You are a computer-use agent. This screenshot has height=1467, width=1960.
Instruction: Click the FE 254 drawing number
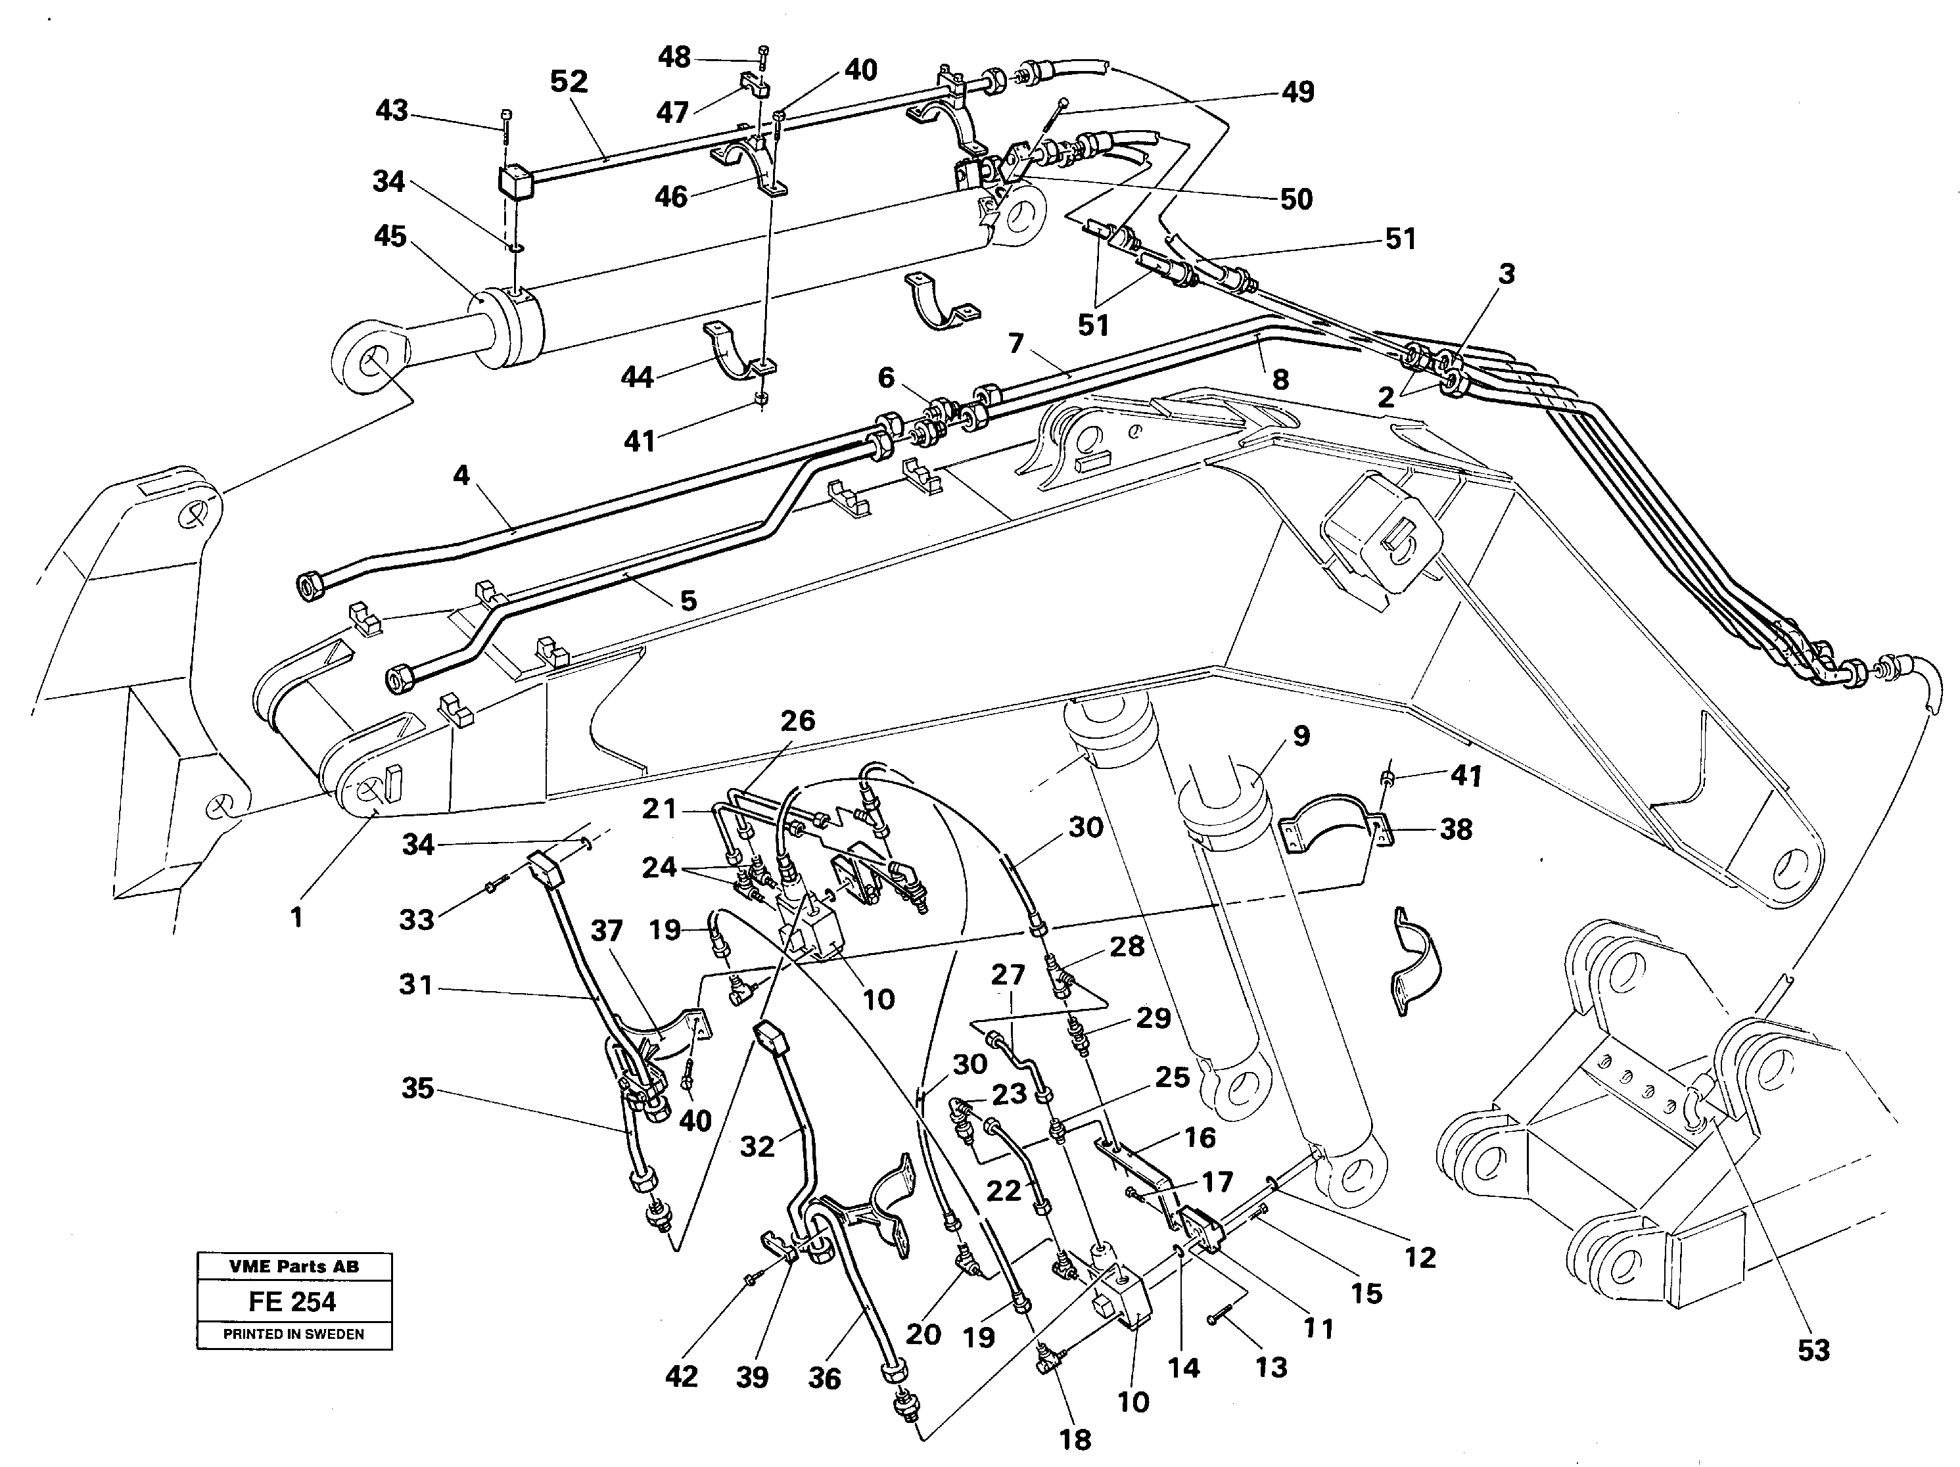click(x=292, y=1301)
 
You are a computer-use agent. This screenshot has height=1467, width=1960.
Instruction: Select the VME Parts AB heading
click(x=293, y=1267)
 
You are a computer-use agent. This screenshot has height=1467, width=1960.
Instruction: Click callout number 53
click(x=1813, y=1350)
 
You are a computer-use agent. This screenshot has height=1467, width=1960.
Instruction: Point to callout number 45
click(x=390, y=237)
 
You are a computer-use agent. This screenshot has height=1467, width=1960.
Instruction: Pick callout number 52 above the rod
click(x=568, y=81)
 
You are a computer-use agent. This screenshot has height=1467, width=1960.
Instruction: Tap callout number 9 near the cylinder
click(x=1301, y=735)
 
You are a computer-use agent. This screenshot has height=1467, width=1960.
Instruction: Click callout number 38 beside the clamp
click(x=1456, y=829)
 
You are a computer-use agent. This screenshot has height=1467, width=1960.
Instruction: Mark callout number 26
click(x=797, y=720)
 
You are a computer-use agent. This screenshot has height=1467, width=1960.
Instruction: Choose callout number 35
click(x=417, y=1088)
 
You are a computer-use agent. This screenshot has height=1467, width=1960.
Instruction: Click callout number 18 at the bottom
click(x=1075, y=1439)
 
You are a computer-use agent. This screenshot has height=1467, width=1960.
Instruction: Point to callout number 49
click(x=1298, y=91)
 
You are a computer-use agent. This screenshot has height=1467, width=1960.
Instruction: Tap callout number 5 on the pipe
click(x=688, y=601)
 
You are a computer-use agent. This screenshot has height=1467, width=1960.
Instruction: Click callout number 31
click(x=415, y=984)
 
